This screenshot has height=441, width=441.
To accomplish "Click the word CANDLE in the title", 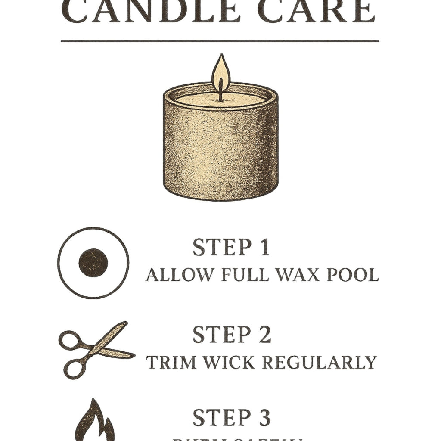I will [x=151, y=12].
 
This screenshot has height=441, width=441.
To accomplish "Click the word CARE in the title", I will [x=319, y=12].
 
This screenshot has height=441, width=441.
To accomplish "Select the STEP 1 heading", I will [x=231, y=248].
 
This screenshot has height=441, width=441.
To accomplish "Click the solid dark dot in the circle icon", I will [x=93, y=263].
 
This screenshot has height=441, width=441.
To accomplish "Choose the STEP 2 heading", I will [x=232, y=335].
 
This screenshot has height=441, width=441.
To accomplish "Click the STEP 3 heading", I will [x=232, y=418].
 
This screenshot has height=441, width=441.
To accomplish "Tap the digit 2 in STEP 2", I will [x=264, y=335].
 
